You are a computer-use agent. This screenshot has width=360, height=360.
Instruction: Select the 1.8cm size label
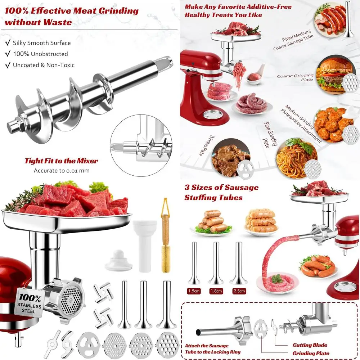[x=217, y=290]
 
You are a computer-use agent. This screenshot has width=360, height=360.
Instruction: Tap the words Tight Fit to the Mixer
[x=61, y=161]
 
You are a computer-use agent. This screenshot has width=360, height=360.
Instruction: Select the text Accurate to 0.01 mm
[x=61, y=171]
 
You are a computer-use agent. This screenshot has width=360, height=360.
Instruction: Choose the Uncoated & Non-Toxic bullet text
[x=44, y=65]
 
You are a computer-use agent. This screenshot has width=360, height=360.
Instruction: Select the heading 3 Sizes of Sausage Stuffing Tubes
[x=221, y=192]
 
